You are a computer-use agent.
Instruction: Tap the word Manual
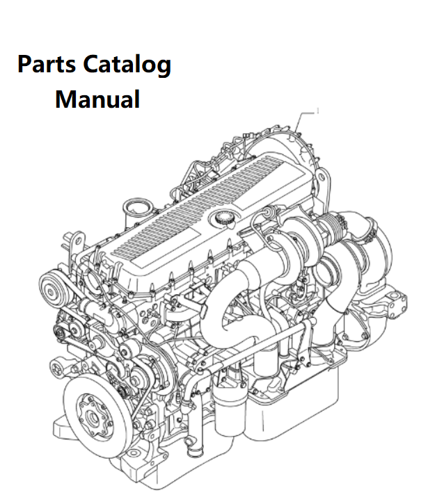point(97,99)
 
